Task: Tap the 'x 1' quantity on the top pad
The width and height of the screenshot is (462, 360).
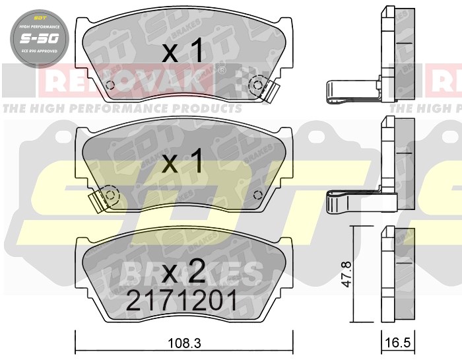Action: click(x=180, y=53)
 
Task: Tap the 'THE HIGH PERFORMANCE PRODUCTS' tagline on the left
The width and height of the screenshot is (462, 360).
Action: click(x=122, y=108)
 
